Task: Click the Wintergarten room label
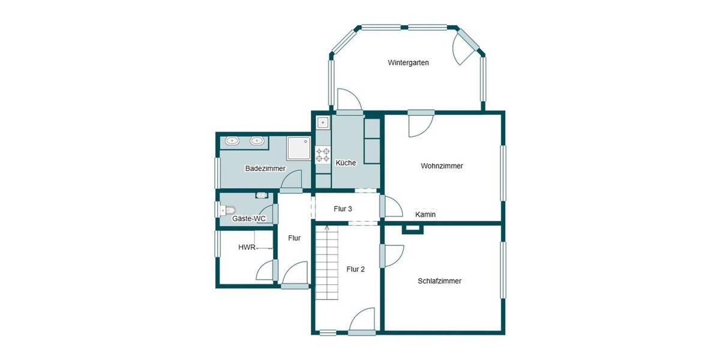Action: [x=408, y=62]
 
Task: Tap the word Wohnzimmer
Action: [x=442, y=166]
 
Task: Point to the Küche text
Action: [x=346, y=163]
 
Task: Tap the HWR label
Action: [x=247, y=247]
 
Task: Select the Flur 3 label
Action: [x=343, y=209]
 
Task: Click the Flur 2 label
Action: [x=355, y=269]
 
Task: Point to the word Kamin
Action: [x=425, y=214]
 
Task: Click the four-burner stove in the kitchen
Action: [x=323, y=155]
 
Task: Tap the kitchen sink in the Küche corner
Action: [x=323, y=122]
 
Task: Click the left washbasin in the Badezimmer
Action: [x=232, y=141]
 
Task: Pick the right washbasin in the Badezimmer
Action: [x=257, y=141]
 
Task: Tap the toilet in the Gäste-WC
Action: [x=227, y=210]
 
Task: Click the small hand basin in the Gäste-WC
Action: [x=262, y=195]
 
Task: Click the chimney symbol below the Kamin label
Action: [x=412, y=227]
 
